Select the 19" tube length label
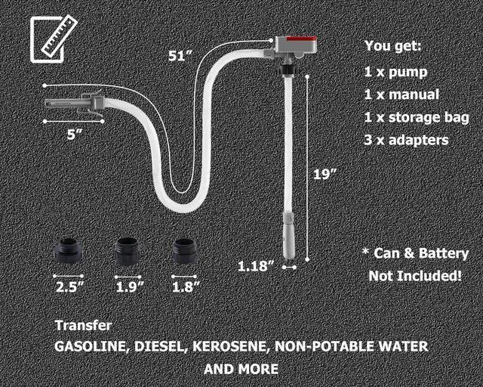click(x=325, y=174)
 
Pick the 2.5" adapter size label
click(x=69, y=286)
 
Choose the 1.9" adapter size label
click(x=129, y=286)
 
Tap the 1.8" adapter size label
click(x=186, y=286)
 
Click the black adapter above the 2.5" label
click(x=69, y=251)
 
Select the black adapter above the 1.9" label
click(x=128, y=251)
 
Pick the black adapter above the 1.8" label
click(x=186, y=251)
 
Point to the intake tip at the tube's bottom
click(x=288, y=238)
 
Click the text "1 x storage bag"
click(x=416, y=117)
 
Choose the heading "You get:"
click(x=393, y=46)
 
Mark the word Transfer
click(x=83, y=326)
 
